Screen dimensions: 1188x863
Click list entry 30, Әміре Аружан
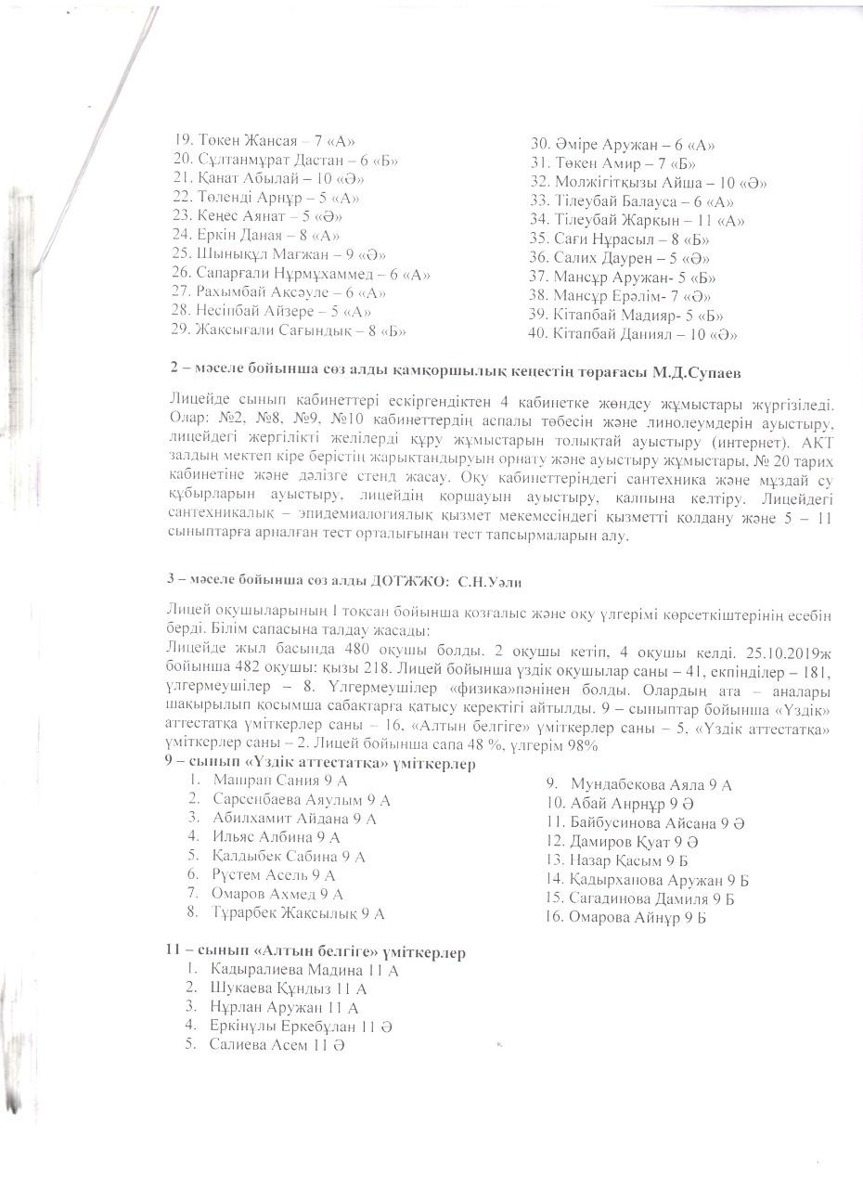click(622, 145)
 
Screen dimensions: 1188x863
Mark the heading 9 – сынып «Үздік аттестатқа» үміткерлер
click(320, 764)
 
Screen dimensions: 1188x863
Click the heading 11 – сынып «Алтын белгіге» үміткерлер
click(316, 953)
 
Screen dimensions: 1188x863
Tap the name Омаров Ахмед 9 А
click(277, 894)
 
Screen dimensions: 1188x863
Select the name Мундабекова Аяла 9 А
click(650, 785)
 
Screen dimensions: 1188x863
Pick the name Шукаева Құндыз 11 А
click(289, 989)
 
